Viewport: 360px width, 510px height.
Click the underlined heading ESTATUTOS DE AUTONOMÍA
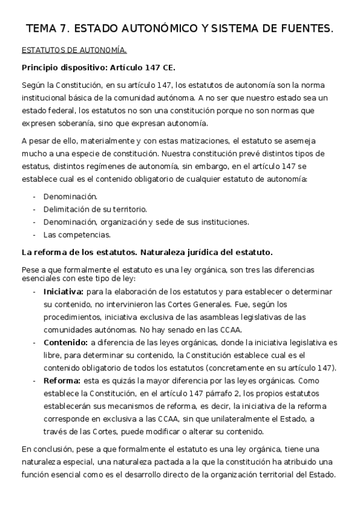click(x=74, y=50)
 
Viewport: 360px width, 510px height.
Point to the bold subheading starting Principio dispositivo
click(x=99, y=67)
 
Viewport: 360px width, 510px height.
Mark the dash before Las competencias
click(x=35, y=234)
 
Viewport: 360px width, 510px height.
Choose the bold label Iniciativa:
click(x=63, y=291)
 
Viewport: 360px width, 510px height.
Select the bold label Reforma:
click(x=62, y=381)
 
